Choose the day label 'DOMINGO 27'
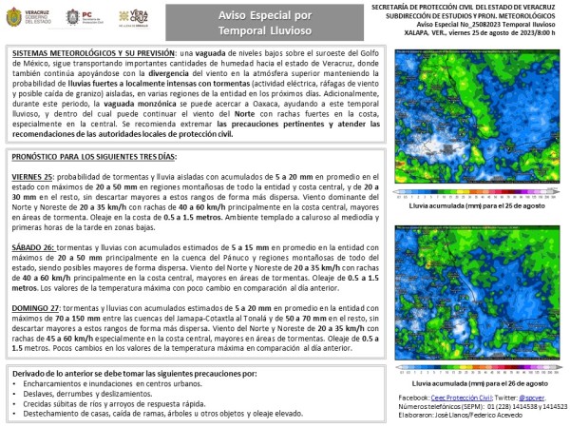[37, 308]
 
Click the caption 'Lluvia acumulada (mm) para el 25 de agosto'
[480, 204]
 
